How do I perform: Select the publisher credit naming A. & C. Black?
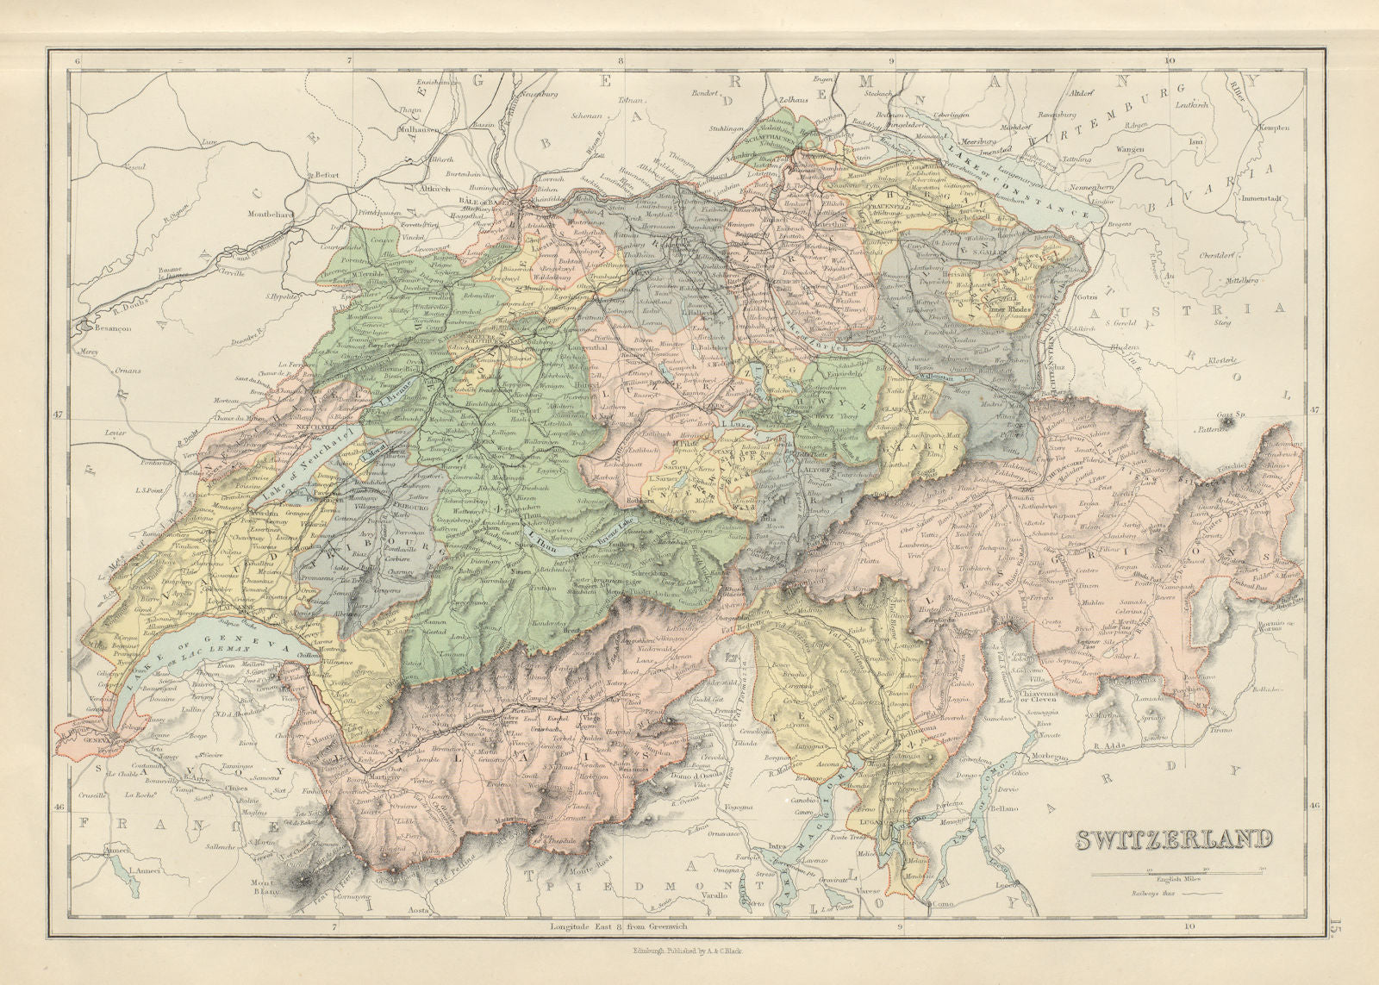point(689,951)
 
